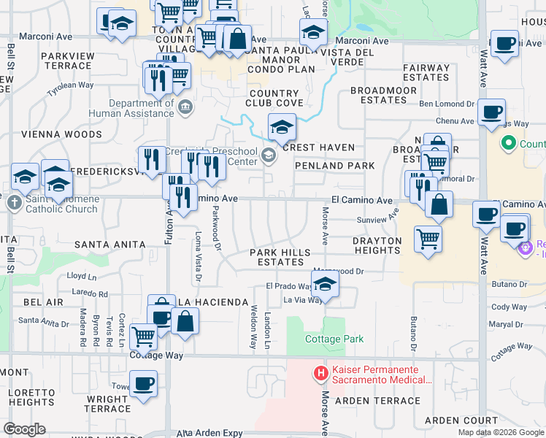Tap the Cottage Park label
(334, 339)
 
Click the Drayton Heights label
(377, 245)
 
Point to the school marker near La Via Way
(326, 283)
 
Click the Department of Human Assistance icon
(185, 108)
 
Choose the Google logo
(24, 429)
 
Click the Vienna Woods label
(51, 134)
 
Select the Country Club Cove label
(275, 99)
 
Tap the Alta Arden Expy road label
(208, 433)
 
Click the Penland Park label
(334, 166)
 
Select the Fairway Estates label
(426, 72)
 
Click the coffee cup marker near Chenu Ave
(493, 112)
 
